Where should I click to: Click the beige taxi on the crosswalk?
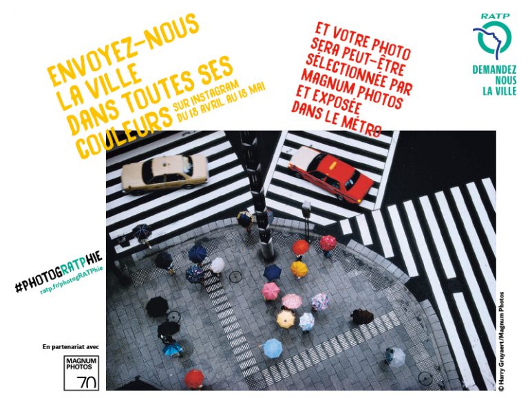[165, 174]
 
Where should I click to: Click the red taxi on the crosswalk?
[330, 174]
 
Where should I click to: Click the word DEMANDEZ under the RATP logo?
[494, 70]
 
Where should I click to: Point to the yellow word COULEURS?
[123, 134]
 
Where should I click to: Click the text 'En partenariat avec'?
[71, 346]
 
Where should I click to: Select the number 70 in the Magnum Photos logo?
[86, 381]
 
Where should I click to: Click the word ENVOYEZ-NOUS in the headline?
[123, 49]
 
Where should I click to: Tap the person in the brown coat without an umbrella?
[363, 316]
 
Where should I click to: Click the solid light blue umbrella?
[273, 348]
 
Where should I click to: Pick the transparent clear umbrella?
[396, 357]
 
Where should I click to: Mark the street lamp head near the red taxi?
[306, 207]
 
